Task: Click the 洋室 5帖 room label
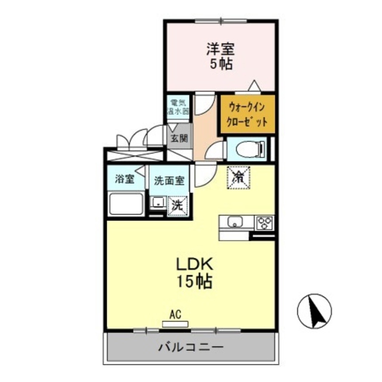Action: pyautogui.click(x=220, y=54)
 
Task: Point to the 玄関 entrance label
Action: pyautogui.click(x=178, y=138)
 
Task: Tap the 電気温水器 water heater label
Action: pyautogui.click(x=178, y=106)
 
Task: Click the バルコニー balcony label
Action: pyautogui.click(x=190, y=347)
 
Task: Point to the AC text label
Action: pyautogui.click(x=175, y=314)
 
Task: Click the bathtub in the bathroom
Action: pyautogui.click(x=125, y=205)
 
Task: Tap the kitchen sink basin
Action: pyautogui.click(x=235, y=222)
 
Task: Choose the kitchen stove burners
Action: pyautogui.click(x=264, y=223)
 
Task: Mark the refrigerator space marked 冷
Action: pyautogui.click(x=238, y=177)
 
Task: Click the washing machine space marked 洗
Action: pyautogui.click(x=177, y=205)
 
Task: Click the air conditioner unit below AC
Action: pyautogui.click(x=175, y=324)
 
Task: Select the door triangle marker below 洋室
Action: pyautogui.click(x=254, y=85)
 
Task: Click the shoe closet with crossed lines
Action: pyautogui.click(x=134, y=156)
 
